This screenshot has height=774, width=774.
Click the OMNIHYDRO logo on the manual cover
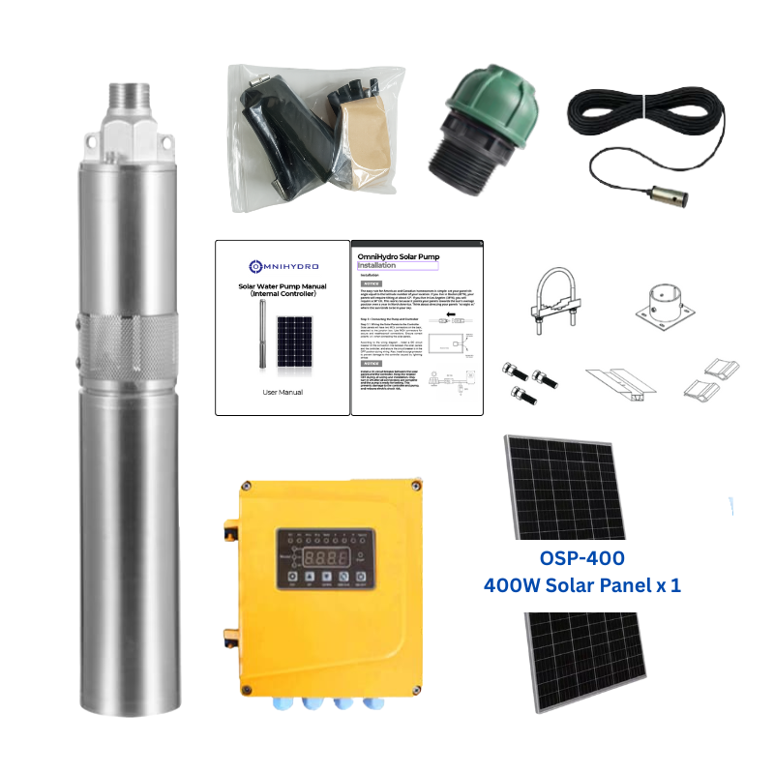point(282,264)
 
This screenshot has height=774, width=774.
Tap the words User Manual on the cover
point(283,392)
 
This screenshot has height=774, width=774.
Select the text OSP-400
point(581,558)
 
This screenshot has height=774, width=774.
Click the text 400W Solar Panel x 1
point(589,585)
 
